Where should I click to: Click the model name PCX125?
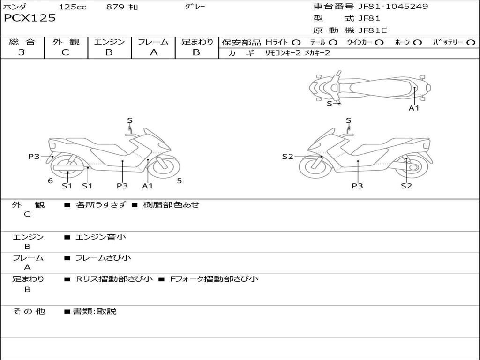point(30,18)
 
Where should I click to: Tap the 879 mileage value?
point(116,7)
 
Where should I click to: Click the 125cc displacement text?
point(73,7)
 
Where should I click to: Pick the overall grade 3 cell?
point(22,52)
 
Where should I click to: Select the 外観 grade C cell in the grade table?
point(65,52)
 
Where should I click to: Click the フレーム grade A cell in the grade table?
point(153,52)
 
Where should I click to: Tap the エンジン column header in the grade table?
point(109,42)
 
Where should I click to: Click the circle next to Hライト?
point(296,43)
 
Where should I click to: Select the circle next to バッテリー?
point(471,43)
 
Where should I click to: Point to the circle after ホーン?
point(418,43)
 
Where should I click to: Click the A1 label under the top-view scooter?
point(414,108)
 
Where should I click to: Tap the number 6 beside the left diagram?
point(50,181)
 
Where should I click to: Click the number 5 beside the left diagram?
point(179,180)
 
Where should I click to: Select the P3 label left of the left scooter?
point(34,157)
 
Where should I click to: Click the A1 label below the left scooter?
point(148,186)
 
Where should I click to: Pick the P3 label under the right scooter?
point(358,186)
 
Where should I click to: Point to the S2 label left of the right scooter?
point(287,157)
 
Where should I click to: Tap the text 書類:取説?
point(94,311)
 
